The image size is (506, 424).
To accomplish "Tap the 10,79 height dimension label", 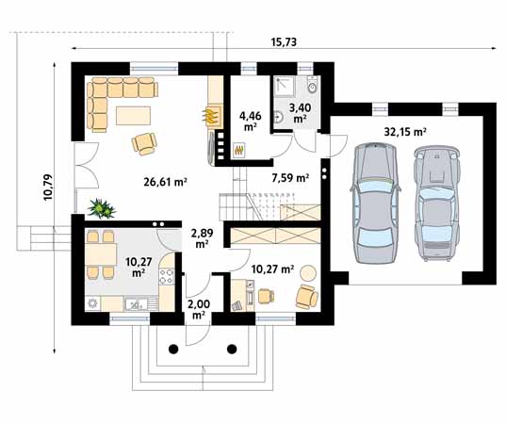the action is pos(48,188).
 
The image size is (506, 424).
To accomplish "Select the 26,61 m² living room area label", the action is pos(166,182).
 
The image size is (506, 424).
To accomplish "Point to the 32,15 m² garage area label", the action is pos(405,132).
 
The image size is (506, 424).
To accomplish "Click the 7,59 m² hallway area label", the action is pos(290,177).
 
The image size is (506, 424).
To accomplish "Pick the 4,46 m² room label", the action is pos(250,121).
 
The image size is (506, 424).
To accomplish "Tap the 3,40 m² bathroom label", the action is pos(300,113).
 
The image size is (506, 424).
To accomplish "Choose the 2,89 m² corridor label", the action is pos(202,238).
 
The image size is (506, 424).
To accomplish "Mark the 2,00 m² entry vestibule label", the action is pos(199,309).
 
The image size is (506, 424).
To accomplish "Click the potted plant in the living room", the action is pos(102,208).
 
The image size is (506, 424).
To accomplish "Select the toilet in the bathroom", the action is pos(313,84).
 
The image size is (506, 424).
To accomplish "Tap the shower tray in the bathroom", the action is pos(284,86).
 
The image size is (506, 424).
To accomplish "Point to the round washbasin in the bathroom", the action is pos(278,117).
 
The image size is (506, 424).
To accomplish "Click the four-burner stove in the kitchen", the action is pos(166,276).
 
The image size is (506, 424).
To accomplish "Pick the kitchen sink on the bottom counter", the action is pos(137,303).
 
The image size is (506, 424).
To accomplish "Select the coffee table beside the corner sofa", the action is pos(133,115).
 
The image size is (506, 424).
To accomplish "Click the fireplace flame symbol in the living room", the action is pos(209,116).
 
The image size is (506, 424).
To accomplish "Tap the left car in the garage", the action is pos(375,204).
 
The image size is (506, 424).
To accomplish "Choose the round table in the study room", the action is pos(308,273).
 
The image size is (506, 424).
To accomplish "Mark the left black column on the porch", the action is pos(173,349).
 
